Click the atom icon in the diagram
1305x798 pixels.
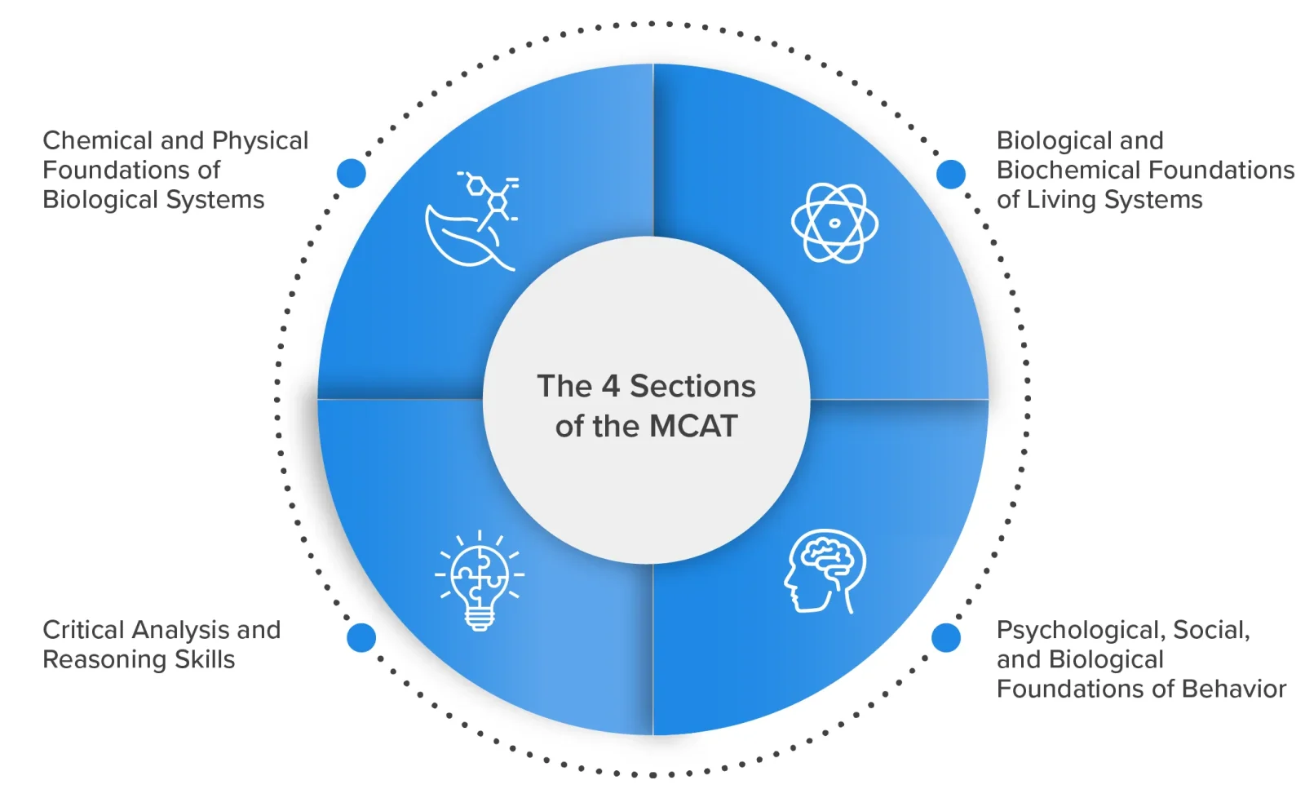(834, 223)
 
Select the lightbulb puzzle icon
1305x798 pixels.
(480, 579)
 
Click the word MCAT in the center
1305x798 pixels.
(693, 426)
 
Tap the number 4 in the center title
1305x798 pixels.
(610, 386)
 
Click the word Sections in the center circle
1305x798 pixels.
(692, 386)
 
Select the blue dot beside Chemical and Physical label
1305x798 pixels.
(352, 173)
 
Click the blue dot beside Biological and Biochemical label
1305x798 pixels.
(950, 174)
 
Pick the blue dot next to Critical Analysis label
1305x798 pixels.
(361, 637)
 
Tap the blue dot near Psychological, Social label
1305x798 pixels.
(946, 637)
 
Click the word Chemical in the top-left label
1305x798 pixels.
(98, 140)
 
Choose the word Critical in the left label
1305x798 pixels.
(83, 630)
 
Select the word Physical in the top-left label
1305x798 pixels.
(259, 140)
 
